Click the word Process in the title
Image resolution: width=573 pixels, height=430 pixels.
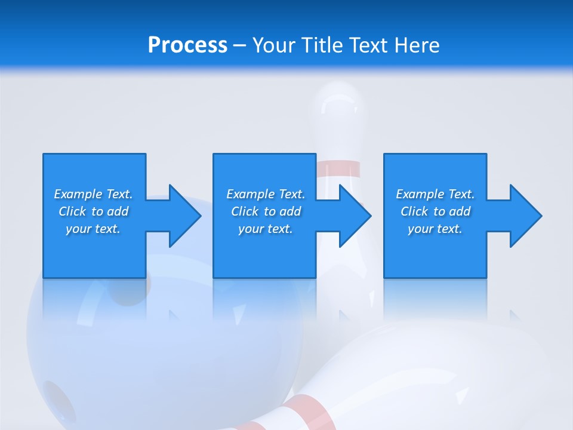click(x=187, y=45)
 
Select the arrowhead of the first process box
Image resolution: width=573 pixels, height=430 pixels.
click(x=184, y=216)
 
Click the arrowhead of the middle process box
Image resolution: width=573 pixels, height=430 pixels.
click(x=355, y=216)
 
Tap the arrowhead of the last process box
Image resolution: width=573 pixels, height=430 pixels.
click(x=525, y=216)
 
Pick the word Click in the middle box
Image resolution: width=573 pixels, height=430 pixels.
click(x=244, y=211)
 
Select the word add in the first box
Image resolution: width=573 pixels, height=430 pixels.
click(x=118, y=211)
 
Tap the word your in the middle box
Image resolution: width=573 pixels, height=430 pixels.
click(x=251, y=229)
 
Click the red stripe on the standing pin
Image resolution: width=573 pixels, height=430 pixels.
click(x=339, y=170)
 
